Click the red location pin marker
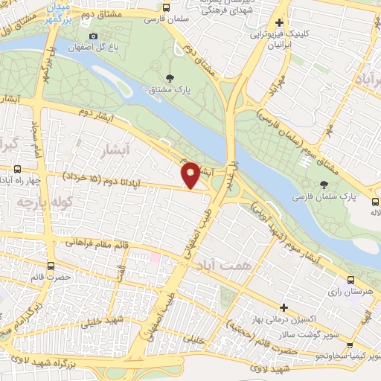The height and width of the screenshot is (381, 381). [x=190, y=175]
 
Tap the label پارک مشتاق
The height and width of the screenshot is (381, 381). [x=172, y=91]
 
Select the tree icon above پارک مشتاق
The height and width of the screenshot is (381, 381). [x=172, y=78]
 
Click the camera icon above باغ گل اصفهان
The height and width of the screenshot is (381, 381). [x=93, y=36]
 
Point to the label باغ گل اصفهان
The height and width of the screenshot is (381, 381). [x=92, y=49]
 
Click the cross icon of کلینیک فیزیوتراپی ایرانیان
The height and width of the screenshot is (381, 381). [x=280, y=23]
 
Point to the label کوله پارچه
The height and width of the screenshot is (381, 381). [x=36, y=201]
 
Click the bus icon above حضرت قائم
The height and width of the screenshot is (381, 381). [x=51, y=264]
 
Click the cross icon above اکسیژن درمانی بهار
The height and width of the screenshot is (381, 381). [x=284, y=307]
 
